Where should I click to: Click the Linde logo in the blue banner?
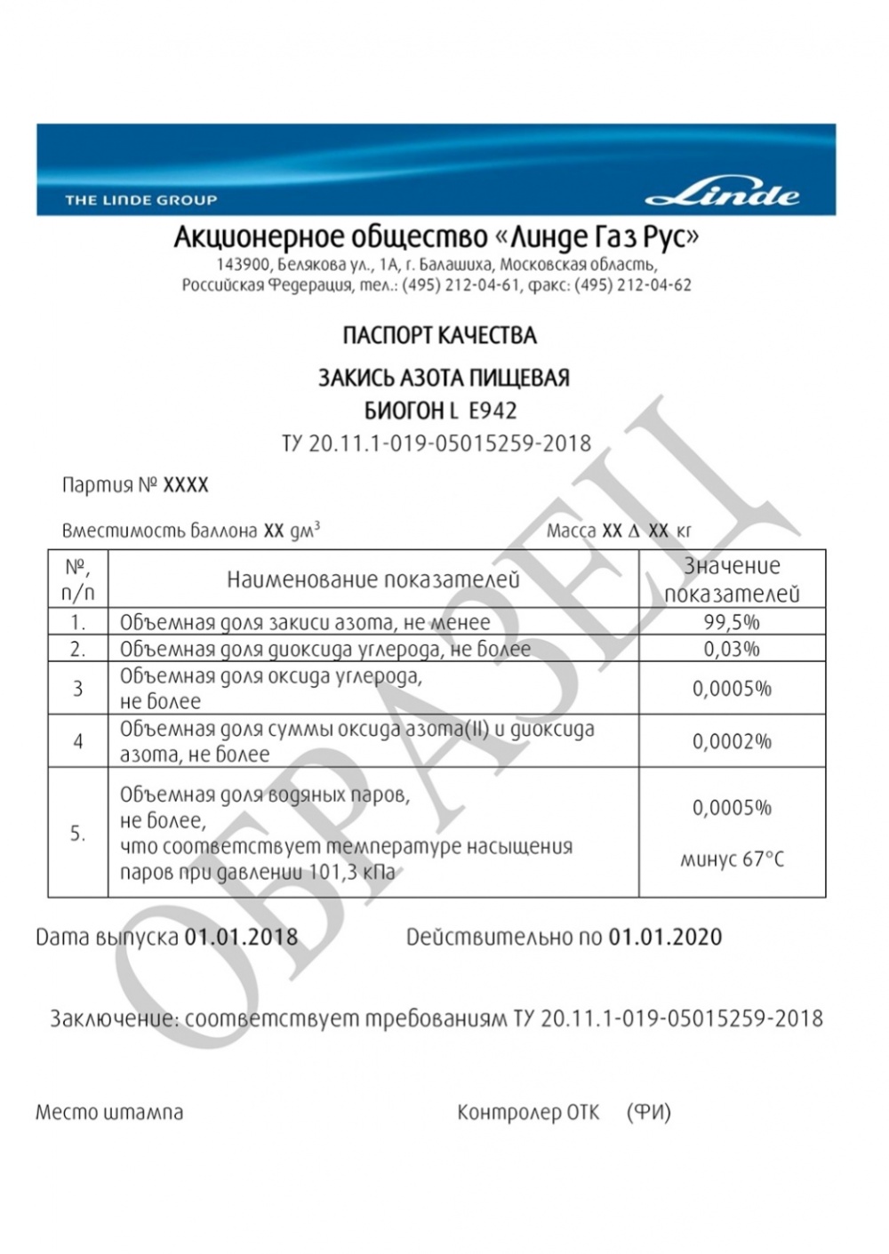(x=722, y=194)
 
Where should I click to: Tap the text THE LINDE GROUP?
(x=140, y=200)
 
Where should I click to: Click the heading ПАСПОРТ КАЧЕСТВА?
(x=439, y=336)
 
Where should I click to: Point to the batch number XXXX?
(x=186, y=485)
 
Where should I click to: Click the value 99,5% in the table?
(x=732, y=622)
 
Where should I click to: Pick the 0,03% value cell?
(x=732, y=649)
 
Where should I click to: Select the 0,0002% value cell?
(x=732, y=741)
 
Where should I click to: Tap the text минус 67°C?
(x=732, y=859)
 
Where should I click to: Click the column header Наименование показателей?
(x=372, y=580)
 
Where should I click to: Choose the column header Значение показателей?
(x=732, y=579)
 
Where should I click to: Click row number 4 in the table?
(x=77, y=741)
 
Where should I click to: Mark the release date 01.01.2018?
(x=241, y=937)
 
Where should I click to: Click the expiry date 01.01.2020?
(x=665, y=937)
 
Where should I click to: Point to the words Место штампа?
(x=109, y=1112)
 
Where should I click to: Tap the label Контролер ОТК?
(x=528, y=1112)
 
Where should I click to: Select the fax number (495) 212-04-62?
(x=633, y=285)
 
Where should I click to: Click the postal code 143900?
(x=242, y=265)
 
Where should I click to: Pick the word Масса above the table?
(x=571, y=531)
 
